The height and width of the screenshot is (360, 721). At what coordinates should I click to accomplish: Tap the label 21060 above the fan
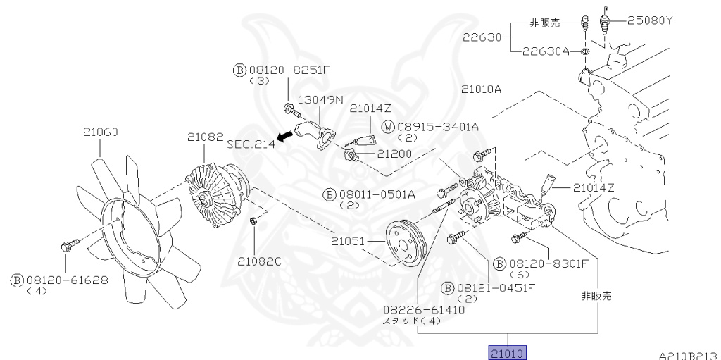point(101,132)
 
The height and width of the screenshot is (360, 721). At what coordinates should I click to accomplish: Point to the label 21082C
point(258,261)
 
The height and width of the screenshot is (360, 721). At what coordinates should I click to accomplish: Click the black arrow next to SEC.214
point(285,137)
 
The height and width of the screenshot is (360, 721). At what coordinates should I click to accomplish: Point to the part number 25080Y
point(650,20)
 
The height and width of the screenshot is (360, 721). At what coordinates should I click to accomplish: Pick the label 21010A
point(482,89)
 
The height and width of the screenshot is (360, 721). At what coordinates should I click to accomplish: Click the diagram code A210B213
point(688,356)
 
